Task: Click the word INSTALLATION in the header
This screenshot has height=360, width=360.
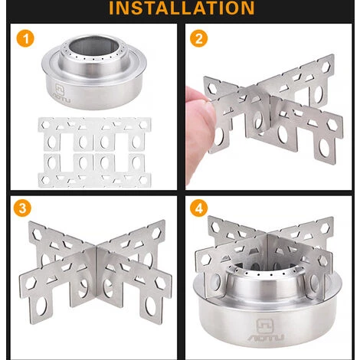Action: click(x=182, y=8)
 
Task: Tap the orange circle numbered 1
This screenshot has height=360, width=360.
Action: click(x=25, y=38)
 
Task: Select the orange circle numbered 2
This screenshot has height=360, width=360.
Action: click(x=198, y=38)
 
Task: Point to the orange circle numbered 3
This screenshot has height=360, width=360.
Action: click(x=22, y=208)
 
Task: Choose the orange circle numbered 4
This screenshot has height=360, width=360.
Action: click(x=198, y=208)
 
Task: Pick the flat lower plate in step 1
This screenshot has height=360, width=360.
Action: click(x=94, y=170)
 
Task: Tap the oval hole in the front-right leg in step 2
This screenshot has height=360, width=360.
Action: click(x=325, y=148)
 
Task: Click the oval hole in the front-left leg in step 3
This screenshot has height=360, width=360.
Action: click(x=41, y=307)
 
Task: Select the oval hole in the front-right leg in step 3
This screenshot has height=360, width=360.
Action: click(x=149, y=307)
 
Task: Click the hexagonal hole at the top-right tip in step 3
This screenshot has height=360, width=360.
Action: click(x=156, y=231)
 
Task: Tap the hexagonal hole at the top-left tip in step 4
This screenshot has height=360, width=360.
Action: click(x=215, y=225)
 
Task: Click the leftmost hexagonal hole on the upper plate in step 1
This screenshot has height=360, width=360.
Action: click(x=45, y=125)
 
